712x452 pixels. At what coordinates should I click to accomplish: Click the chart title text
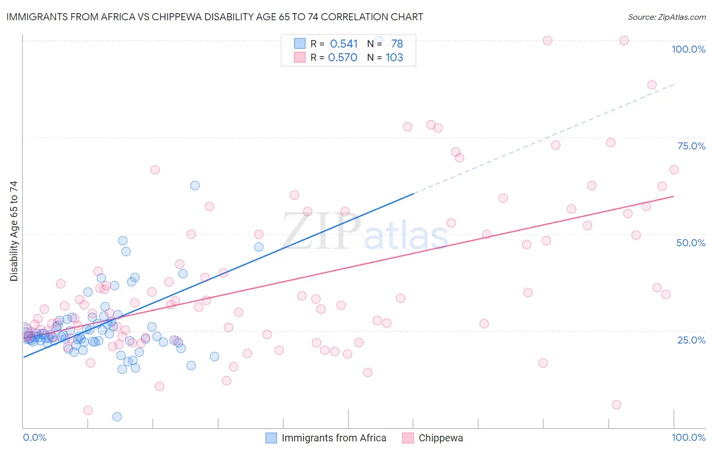click(215, 17)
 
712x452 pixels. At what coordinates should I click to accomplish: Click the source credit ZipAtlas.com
click(666, 17)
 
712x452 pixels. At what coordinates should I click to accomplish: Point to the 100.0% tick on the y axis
click(688, 49)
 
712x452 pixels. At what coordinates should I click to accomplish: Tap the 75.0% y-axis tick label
click(691, 146)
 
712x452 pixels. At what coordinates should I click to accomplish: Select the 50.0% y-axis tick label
click(691, 243)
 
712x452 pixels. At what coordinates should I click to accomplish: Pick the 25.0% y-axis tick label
click(691, 340)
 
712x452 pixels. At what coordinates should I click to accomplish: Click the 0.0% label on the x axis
click(34, 437)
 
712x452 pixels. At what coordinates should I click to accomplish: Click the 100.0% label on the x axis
click(688, 437)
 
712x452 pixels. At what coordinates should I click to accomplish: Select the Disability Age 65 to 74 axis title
click(14, 231)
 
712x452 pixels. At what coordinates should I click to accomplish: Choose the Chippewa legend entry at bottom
click(441, 438)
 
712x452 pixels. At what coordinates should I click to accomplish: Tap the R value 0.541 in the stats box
click(344, 44)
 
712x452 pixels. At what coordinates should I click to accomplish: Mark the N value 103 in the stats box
click(394, 58)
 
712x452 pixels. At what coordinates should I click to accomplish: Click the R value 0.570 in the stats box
click(343, 58)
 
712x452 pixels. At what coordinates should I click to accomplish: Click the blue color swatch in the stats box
click(300, 44)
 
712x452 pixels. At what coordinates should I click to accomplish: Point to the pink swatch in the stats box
click(300, 57)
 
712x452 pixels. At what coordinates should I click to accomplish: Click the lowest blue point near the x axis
click(117, 417)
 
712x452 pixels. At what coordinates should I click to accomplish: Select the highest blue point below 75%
click(195, 185)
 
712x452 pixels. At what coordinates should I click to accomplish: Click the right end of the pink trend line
click(674, 196)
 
